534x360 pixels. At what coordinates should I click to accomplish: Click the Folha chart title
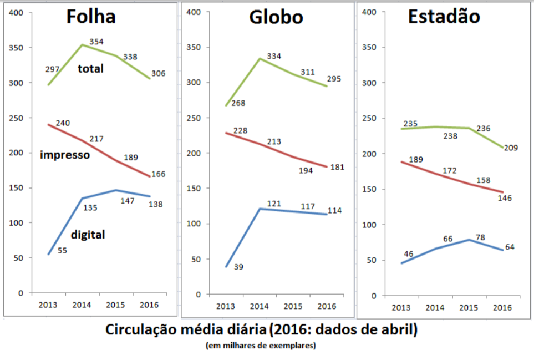pos(91,17)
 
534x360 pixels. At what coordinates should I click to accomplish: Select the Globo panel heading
pos(276,17)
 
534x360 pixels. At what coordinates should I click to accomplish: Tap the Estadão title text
pos(444,17)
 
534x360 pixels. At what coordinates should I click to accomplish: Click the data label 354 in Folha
pos(96,42)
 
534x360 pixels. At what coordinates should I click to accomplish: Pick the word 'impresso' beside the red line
pos(65,155)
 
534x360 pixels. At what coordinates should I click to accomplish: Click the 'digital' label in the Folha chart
pos(88,235)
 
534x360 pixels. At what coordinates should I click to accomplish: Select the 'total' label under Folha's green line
pos(91,69)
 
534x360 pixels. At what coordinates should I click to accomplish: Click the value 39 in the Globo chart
pos(238,267)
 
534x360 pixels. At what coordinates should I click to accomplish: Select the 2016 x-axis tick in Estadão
pos(502,307)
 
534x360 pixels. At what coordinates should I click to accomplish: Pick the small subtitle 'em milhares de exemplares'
pos(261,346)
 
